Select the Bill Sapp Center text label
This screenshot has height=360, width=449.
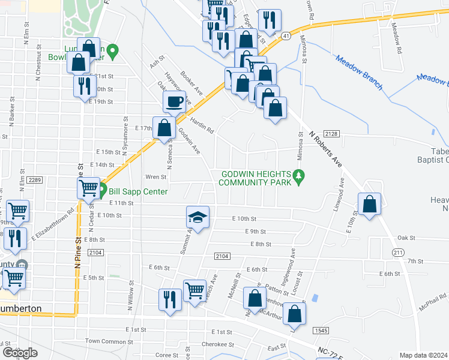coord(133,192)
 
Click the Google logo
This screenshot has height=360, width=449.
coord(20,353)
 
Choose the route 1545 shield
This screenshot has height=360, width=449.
coord(319,330)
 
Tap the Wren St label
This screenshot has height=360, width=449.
coord(155,177)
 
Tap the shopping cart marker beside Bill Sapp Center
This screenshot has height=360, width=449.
coord(88,188)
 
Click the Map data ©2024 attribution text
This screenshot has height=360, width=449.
coord(423,355)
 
